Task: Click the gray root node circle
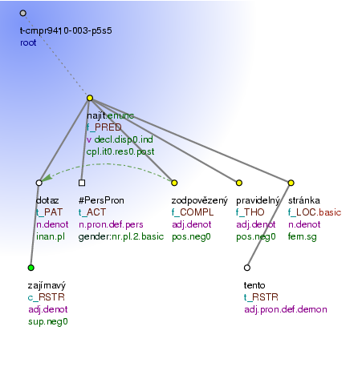pyautogui.click(x=23, y=13)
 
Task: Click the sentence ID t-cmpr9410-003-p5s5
pyautogui.click(x=66, y=30)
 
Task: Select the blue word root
pyautogui.click(x=28, y=42)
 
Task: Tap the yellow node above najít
pyautogui.click(x=90, y=98)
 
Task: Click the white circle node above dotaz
pyautogui.click(x=39, y=183)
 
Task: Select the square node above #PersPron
pyautogui.click(x=82, y=183)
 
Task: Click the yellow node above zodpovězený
pyautogui.click(x=174, y=183)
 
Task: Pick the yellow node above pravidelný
pyautogui.click(x=239, y=183)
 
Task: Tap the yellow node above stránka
pyautogui.click(x=291, y=183)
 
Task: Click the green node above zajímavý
pyautogui.click(x=31, y=268)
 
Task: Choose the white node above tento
pyautogui.click(x=247, y=268)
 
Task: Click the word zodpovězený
pyautogui.click(x=200, y=200)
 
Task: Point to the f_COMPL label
pyautogui.click(x=193, y=212)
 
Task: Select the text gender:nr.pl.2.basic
pyautogui.click(x=121, y=236)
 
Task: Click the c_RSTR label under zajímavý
pyautogui.click(x=47, y=297)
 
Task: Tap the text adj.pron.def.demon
pyautogui.click(x=286, y=309)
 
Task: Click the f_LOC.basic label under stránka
pyautogui.click(x=315, y=212)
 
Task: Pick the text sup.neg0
pyautogui.click(x=48, y=321)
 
